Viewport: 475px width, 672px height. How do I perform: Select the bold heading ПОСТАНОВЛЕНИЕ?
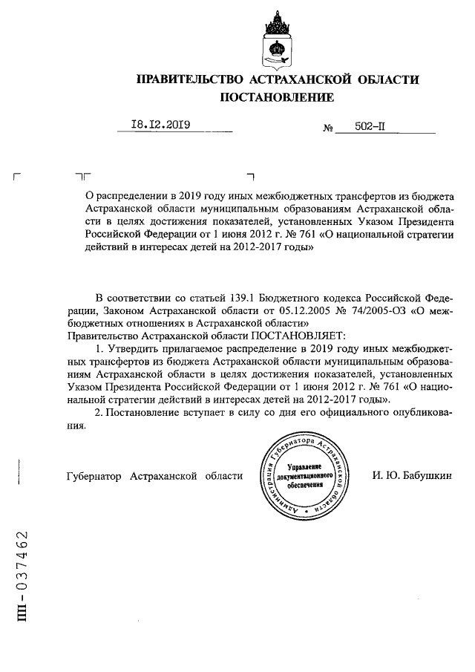277,97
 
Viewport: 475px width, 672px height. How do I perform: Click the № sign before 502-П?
327,128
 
